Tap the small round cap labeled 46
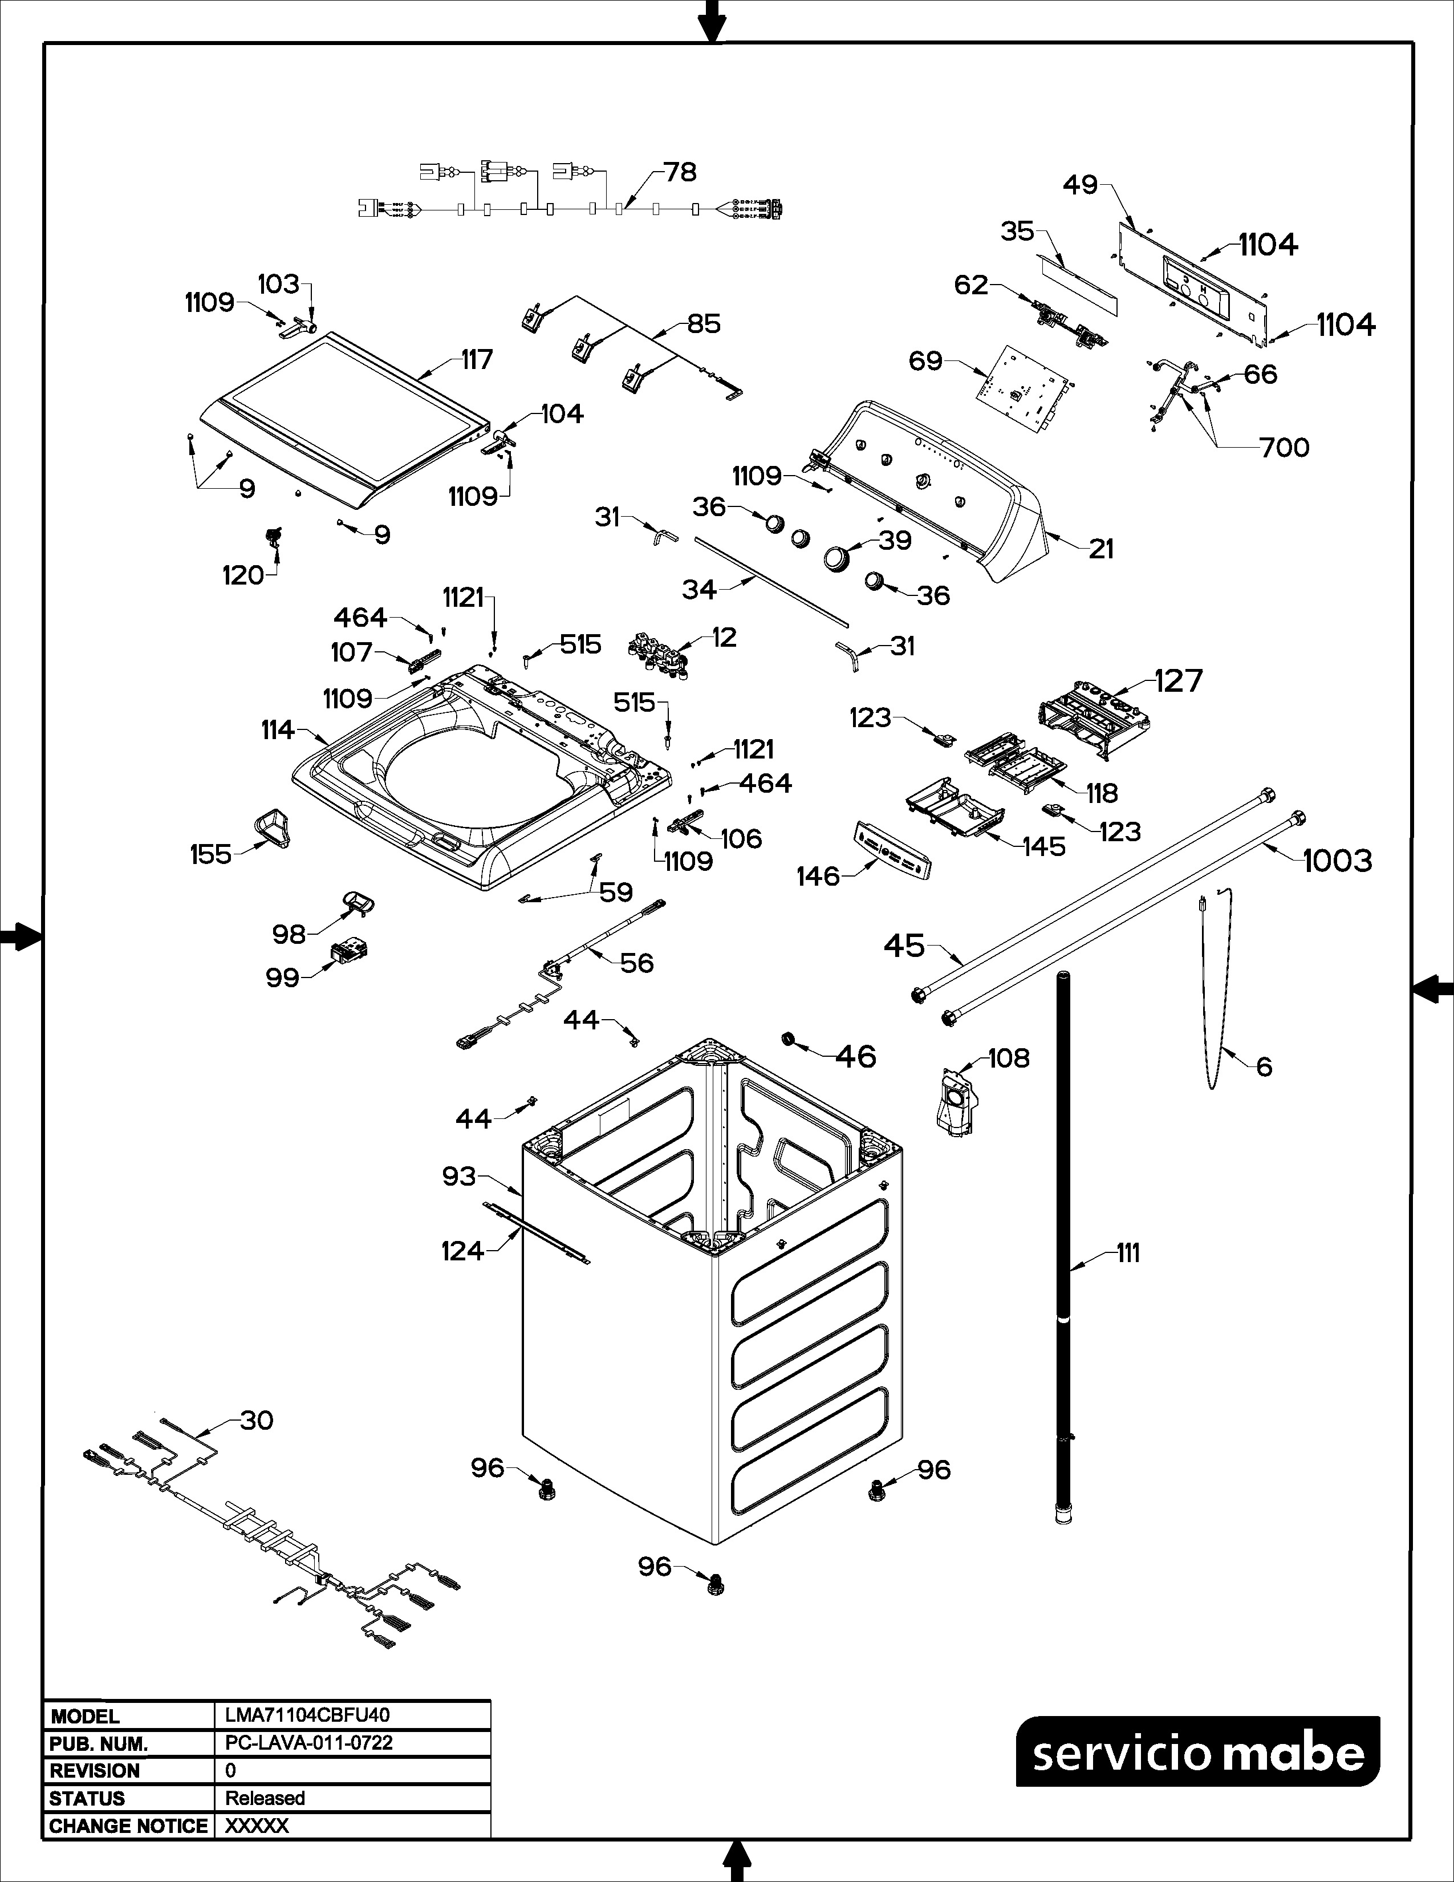pos(788,1037)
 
